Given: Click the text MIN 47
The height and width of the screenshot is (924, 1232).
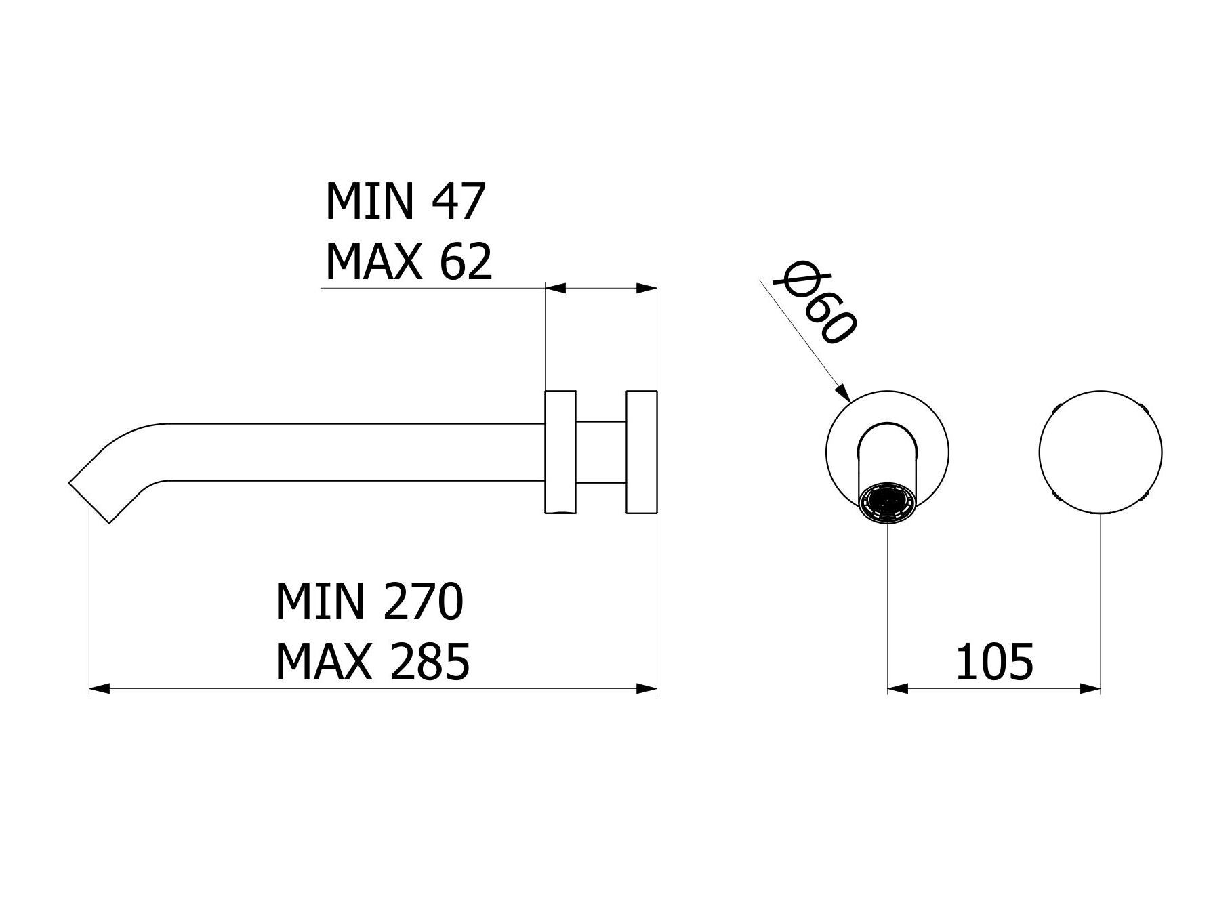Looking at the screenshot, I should tap(405, 202).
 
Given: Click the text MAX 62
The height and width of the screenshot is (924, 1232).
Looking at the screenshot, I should tap(408, 263).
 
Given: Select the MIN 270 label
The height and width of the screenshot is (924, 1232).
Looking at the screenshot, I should tap(369, 602).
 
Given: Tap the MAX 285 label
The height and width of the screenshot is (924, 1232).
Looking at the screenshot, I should tap(372, 663).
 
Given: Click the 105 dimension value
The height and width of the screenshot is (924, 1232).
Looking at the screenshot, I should tap(994, 663).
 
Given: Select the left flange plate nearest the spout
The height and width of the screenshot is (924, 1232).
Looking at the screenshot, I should tap(560, 452).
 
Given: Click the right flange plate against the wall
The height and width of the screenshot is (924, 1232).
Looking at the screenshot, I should tap(641, 452).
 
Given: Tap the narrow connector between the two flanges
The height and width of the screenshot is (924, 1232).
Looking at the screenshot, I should tap(600, 453).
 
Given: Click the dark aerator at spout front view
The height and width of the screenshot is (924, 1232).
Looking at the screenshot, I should tap(887, 505).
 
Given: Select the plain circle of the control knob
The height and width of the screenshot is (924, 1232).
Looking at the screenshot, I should tap(1100, 452).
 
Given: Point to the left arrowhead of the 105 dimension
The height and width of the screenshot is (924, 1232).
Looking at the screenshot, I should tap(897, 689).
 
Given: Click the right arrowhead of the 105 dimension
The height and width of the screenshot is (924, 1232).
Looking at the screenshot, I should tap(1090, 689).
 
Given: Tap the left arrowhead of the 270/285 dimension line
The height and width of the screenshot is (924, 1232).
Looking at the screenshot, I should tap(100, 689).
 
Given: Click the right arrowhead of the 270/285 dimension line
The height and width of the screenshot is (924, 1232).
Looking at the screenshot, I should tap(647, 689).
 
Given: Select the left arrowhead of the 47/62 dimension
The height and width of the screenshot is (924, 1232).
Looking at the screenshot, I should tap(556, 288).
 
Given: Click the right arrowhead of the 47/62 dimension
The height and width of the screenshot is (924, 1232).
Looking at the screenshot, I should tap(647, 288).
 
